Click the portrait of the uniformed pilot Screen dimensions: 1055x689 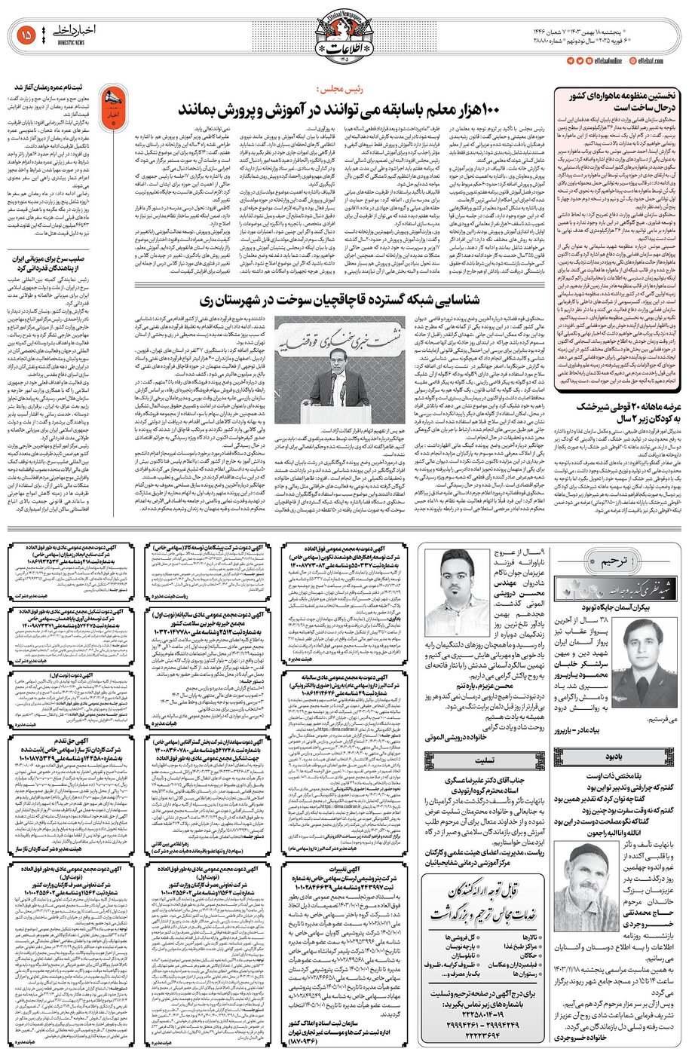pyautogui.click(x=642, y=645)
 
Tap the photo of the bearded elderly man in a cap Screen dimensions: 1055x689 pyautogui.click(x=588, y=866)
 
